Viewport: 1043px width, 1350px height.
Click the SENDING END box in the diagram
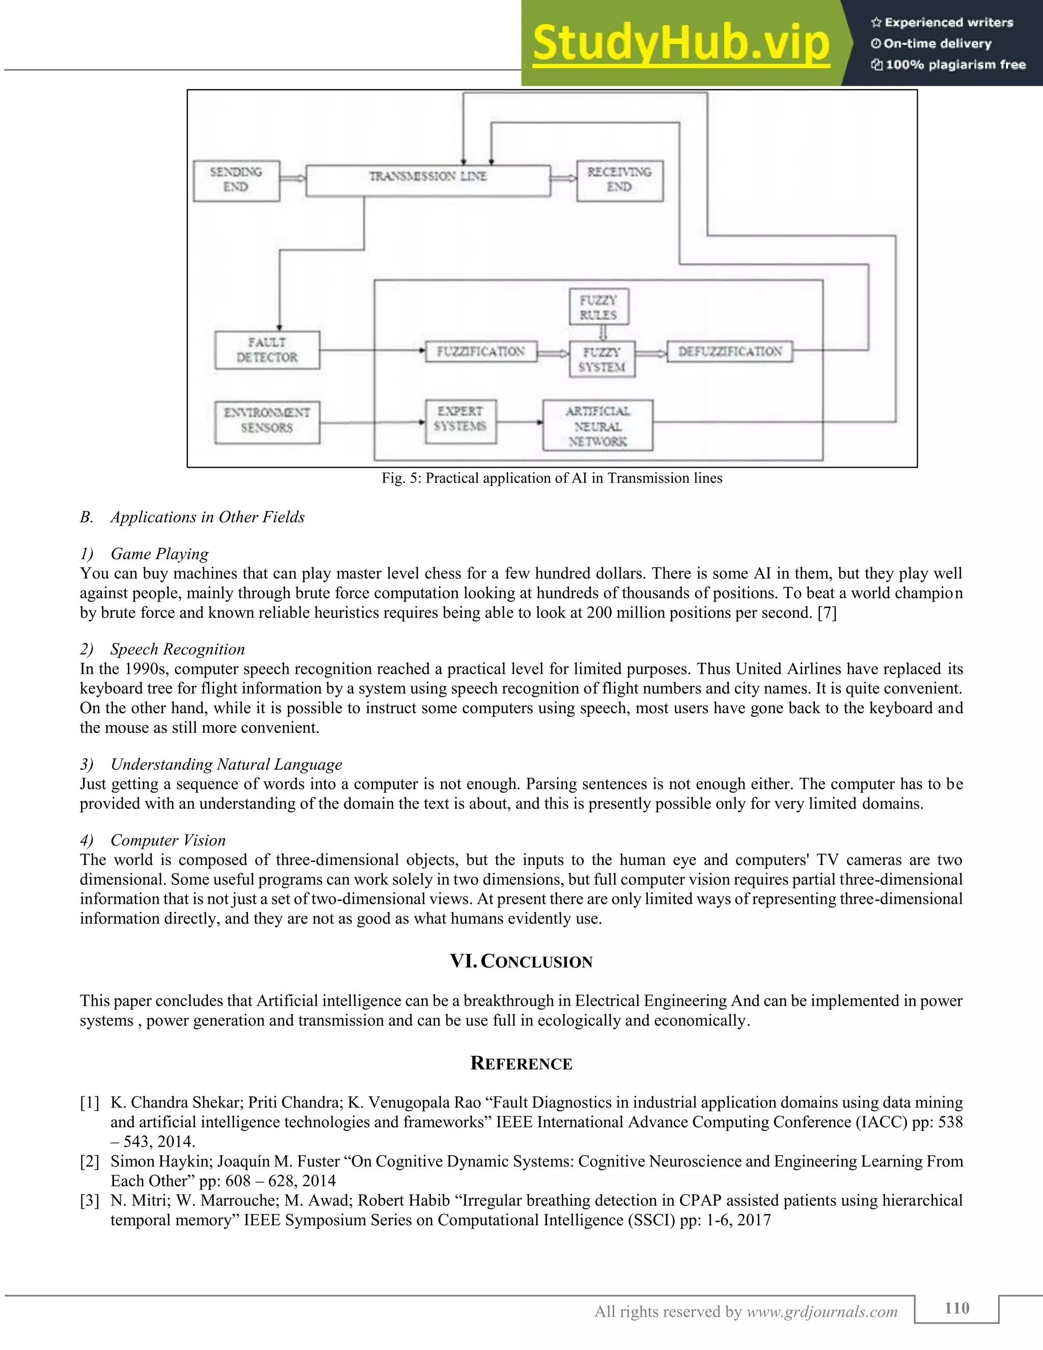(236, 180)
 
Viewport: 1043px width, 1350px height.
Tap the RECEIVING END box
(619, 180)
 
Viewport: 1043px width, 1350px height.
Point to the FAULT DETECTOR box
(267, 350)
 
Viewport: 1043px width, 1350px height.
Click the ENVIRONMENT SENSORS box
(267, 422)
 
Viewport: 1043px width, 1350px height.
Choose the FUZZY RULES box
(598, 307)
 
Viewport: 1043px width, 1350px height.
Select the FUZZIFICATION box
(481, 352)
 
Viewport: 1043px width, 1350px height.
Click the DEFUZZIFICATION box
(730, 352)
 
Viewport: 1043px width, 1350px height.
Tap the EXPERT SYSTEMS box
(460, 421)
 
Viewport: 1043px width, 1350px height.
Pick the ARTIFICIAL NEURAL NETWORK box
(597, 426)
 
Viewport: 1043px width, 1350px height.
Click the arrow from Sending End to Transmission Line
(293, 178)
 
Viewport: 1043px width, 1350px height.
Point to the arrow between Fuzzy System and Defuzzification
(651, 353)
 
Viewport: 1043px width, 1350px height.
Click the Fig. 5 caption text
(551, 478)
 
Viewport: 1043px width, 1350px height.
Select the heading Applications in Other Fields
(207, 518)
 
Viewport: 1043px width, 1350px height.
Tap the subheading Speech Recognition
(177, 650)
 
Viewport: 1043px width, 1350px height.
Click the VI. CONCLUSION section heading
(521, 962)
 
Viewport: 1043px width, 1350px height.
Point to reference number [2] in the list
(90, 1162)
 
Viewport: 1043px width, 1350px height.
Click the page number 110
(956, 1308)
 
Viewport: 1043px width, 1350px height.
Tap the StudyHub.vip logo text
(680, 43)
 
